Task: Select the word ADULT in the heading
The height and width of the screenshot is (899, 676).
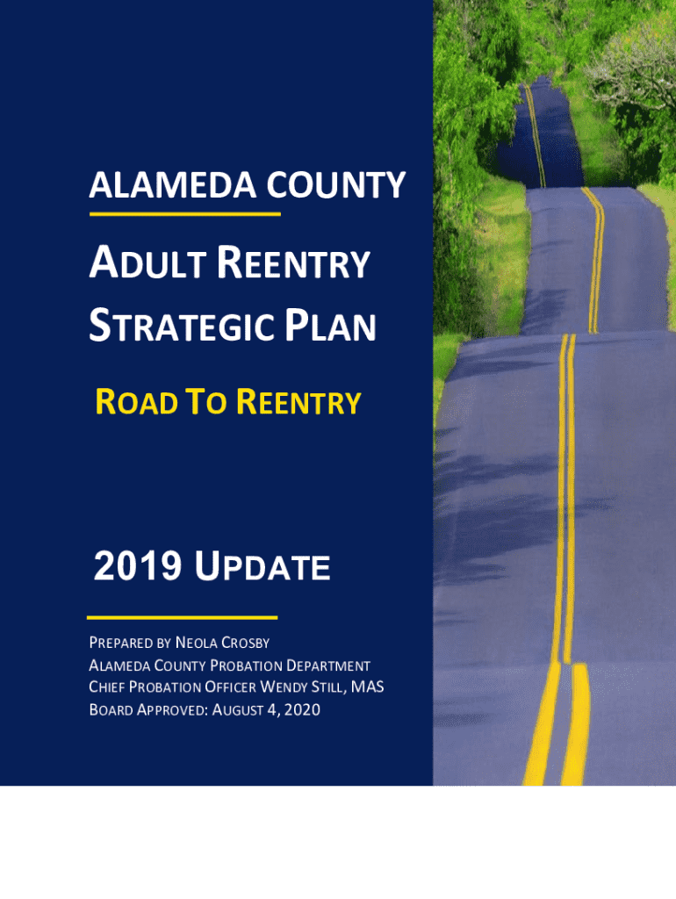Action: click(x=147, y=263)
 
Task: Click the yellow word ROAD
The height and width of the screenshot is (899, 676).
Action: click(x=136, y=401)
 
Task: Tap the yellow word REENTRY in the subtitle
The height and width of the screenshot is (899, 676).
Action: click(x=298, y=401)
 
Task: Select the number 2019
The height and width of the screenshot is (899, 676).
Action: click(x=138, y=566)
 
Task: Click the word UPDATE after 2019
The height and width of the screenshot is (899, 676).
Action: click(x=262, y=566)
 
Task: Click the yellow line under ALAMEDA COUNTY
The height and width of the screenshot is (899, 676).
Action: click(x=184, y=214)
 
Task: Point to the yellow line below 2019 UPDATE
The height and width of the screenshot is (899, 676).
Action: click(x=183, y=617)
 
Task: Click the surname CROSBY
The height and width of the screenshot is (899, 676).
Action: click(x=246, y=643)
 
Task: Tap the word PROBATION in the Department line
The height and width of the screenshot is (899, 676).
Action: click(x=246, y=665)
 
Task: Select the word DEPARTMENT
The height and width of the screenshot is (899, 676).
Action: click(x=328, y=665)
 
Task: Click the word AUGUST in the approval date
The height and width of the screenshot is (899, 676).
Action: click(x=233, y=709)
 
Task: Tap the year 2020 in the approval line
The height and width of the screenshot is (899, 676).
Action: click(x=302, y=709)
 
